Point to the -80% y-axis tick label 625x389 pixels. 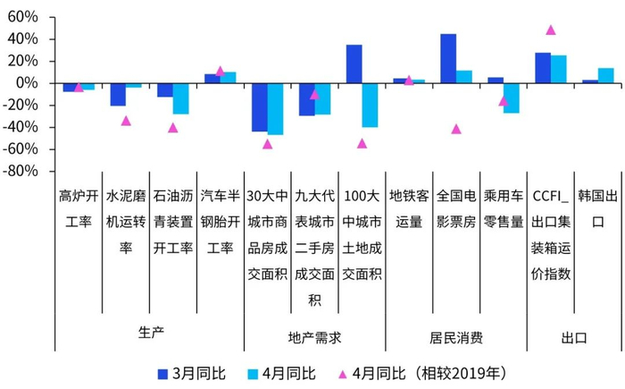click(x=21, y=170)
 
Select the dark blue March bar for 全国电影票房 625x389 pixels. click(x=448, y=58)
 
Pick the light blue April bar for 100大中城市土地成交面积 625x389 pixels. click(x=370, y=105)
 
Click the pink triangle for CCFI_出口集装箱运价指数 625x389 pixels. click(x=551, y=30)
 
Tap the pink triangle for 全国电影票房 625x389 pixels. click(x=456, y=129)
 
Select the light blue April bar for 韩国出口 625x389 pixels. click(x=605, y=75)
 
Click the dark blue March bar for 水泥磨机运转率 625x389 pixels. click(x=118, y=94)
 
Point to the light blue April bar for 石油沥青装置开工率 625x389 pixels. click(x=180, y=98)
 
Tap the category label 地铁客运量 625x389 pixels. click(x=409, y=208)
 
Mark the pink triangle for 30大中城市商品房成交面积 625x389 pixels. click(x=268, y=143)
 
